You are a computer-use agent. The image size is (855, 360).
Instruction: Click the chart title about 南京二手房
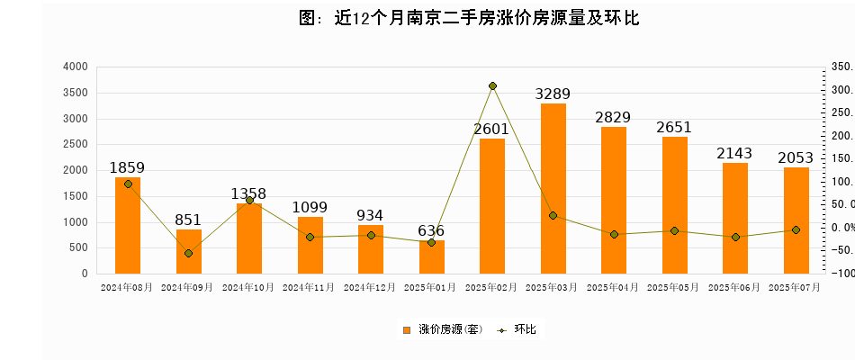(469, 17)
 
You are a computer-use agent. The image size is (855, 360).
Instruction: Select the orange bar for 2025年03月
(553, 188)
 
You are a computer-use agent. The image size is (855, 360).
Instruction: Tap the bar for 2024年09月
(188, 251)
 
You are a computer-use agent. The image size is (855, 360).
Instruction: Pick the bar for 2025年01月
(432, 257)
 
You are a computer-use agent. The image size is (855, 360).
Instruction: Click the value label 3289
(553, 94)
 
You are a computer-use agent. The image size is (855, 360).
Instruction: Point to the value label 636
(432, 231)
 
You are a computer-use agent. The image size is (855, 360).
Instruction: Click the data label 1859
(127, 167)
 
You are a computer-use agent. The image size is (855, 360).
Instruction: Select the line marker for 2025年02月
(492, 86)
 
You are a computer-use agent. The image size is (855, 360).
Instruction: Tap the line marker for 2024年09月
(188, 253)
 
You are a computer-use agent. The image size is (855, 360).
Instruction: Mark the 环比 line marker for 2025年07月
(796, 230)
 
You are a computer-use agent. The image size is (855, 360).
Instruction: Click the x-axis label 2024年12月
(371, 287)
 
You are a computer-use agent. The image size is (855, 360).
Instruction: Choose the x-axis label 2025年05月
(675, 287)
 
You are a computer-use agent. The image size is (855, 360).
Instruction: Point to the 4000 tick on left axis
(76, 67)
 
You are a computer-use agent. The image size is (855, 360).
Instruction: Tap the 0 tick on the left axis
(84, 274)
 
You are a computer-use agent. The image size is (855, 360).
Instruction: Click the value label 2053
(796, 158)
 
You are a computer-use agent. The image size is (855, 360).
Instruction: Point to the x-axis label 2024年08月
(127, 287)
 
